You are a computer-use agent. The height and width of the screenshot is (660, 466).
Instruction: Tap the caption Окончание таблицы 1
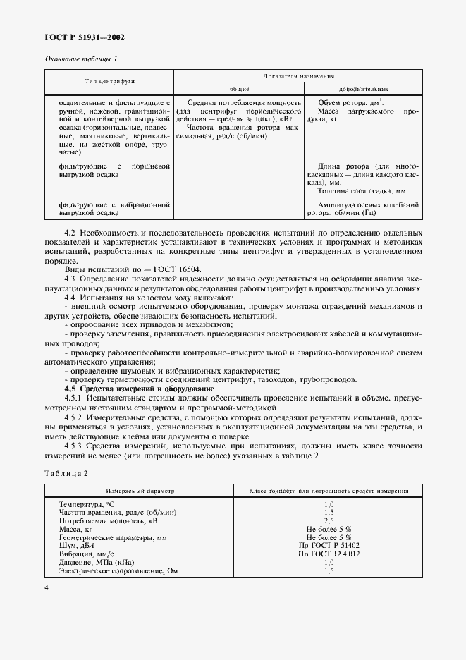coord(81,59)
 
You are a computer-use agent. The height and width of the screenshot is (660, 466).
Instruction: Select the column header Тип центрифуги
coord(110,82)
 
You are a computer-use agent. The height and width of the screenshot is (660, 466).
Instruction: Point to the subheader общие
coord(240,89)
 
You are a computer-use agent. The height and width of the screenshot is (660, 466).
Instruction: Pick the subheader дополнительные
coord(362,89)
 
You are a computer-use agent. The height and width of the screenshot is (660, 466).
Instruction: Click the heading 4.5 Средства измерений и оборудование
coord(129,389)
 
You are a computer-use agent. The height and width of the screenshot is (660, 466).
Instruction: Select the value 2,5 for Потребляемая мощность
coord(329,521)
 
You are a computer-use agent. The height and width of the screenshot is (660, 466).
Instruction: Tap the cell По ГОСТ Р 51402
coord(329,545)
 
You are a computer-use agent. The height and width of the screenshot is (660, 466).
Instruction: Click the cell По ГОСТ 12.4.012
coord(329,554)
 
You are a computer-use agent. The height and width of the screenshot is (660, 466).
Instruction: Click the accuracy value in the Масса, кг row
coord(329,529)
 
